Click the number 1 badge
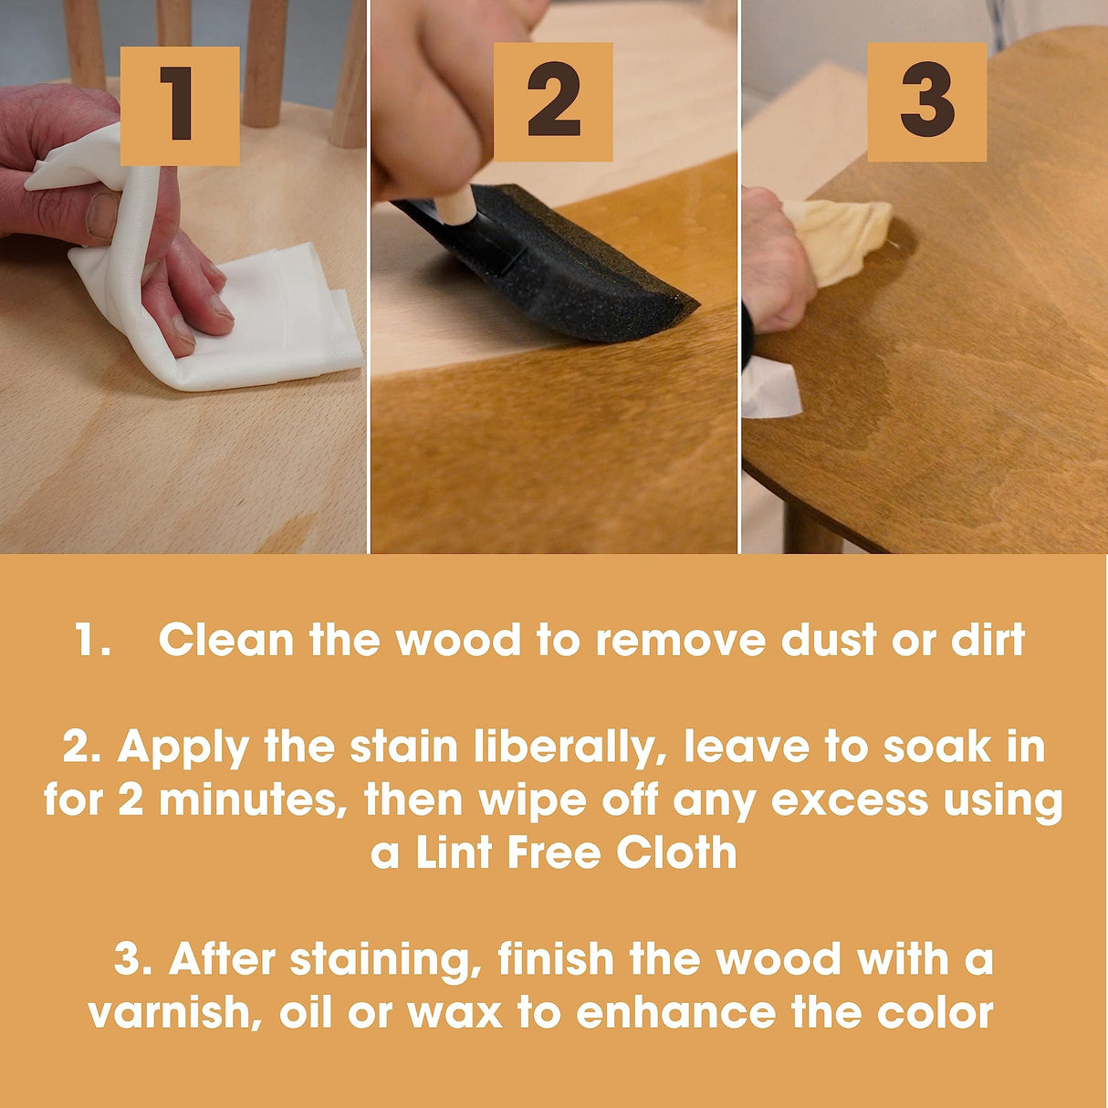click(180, 106)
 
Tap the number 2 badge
click(553, 102)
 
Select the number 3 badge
click(926, 102)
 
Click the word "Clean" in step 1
click(226, 641)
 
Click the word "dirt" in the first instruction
click(988, 641)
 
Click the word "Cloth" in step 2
click(676, 853)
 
